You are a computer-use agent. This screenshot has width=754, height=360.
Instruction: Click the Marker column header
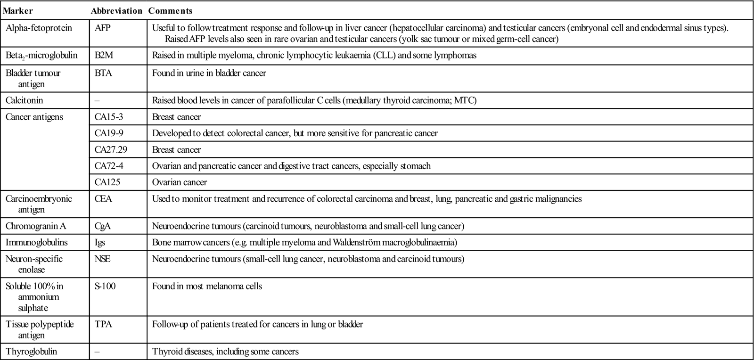(18, 10)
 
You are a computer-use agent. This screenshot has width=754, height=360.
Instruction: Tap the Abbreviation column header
(116, 10)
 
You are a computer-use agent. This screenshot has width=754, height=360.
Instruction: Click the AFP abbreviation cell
(103, 28)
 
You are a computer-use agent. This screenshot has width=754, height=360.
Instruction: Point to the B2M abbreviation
(103, 55)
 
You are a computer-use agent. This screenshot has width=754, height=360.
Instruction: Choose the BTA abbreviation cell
(103, 73)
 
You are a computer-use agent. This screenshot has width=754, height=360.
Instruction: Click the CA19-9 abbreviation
(109, 133)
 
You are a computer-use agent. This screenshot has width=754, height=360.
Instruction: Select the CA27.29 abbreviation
(111, 150)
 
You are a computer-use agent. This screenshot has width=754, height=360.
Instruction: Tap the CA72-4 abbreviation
(109, 166)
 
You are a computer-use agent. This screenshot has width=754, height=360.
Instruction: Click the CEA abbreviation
(103, 199)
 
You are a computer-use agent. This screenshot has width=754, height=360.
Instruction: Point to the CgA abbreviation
(103, 226)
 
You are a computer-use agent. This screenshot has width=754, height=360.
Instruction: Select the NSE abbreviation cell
(103, 259)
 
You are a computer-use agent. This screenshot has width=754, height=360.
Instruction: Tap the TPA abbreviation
(103, 324)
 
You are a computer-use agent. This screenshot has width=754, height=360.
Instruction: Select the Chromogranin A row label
(35, 226)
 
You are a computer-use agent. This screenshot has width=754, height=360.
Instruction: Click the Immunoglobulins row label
(36, 243)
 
